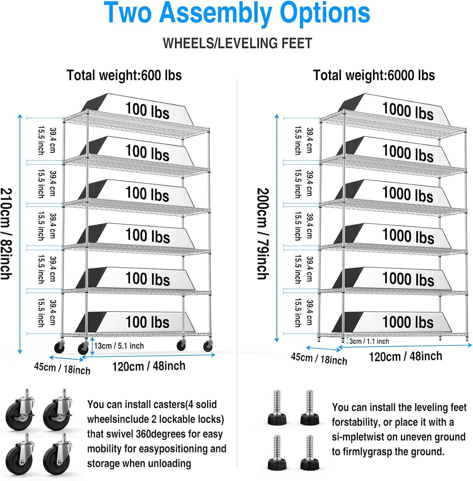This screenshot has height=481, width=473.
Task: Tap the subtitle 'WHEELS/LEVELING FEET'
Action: (x=237, y=43)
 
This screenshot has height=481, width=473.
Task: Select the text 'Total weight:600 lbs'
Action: (x=124, y=76)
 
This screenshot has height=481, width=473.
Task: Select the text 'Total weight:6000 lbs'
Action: (x=374, y=76)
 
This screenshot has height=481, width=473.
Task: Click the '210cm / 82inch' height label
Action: (x=6, y=234)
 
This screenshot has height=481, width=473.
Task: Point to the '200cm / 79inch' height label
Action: (x=263, y=234)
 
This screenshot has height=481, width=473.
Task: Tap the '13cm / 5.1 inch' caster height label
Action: (x=119, y=346)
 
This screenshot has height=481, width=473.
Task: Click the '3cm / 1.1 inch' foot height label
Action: (x=369, y=341)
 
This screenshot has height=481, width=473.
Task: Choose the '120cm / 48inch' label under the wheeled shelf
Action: (x=149, y=366)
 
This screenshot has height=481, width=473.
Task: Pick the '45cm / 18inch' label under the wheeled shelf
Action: (x=62, y=368)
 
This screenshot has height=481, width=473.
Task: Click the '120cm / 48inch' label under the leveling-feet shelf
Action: (x=405, y=356)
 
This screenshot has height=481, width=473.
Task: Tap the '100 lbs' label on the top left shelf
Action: (x=147, y=111)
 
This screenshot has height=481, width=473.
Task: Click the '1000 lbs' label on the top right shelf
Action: (x=408, y=111)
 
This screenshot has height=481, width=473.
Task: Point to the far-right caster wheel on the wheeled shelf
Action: (x=208, y=346)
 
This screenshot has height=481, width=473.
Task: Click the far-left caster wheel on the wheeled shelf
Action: (x=59, y=347)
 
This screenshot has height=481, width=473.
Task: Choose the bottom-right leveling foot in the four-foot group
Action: (x=309, y=453)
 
